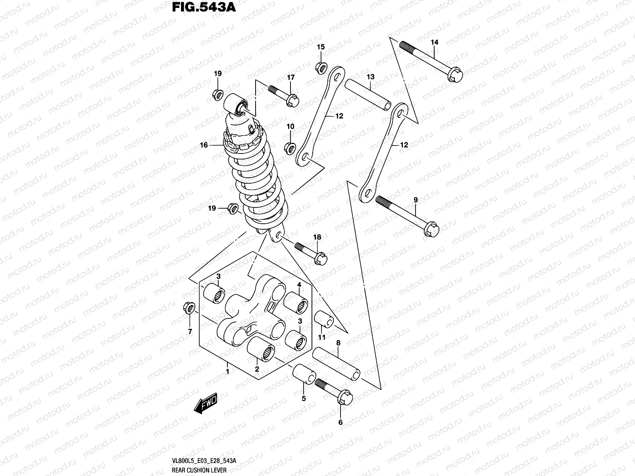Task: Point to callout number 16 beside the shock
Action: tap(204, 146)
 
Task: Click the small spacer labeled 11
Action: tap(323, 320)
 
